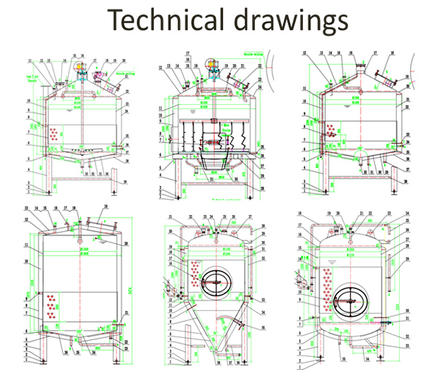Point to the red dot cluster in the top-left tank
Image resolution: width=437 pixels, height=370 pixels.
[x=53, y=133]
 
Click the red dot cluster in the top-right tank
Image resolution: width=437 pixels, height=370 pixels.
[x=332, y=130]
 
